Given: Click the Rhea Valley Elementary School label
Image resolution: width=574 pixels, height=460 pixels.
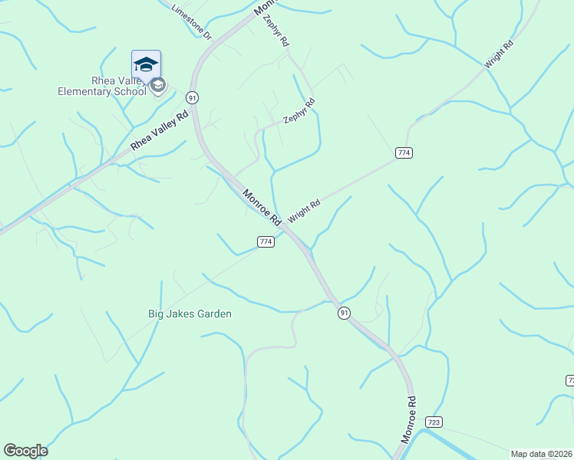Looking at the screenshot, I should pos(101,86).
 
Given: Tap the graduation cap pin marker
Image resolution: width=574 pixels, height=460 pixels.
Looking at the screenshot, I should pos(146,63).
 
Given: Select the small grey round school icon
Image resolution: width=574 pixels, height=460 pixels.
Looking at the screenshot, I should pos(158,84).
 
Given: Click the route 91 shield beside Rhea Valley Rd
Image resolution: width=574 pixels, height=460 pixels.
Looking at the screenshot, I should pos(192,97).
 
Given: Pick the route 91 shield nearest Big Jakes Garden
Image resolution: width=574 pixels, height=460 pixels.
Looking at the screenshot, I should pos(344,313).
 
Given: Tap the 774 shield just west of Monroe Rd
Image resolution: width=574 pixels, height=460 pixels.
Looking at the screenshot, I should pos(266,242).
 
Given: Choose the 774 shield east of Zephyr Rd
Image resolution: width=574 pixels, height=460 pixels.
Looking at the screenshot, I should pos(404,153).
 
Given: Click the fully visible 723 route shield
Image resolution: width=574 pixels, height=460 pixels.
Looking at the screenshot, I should pos(434,422).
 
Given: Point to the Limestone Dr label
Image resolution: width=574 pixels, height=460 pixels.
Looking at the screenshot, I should pos(190,23).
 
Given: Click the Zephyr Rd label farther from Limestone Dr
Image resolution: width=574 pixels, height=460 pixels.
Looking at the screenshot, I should pos(299,111).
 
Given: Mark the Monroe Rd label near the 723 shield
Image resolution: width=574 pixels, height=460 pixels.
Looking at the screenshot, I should pos(409,419).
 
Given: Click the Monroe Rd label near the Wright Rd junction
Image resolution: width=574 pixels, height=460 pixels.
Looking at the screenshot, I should pos(262,208).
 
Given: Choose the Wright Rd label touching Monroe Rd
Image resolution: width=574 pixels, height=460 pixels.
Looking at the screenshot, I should pos(304,209).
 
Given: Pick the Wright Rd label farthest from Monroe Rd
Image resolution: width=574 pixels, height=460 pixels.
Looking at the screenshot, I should pos(498,55).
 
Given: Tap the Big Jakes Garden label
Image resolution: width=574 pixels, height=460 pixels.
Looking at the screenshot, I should pos(190,314).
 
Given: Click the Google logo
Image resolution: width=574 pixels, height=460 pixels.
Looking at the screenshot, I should pos(25,451).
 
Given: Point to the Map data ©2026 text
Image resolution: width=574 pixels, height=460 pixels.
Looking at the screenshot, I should pos(541,454).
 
